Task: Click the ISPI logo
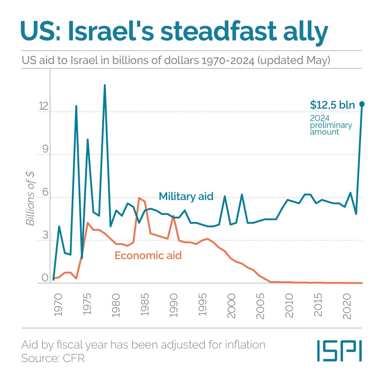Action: tap(339, 351)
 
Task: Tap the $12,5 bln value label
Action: tap(332, 105)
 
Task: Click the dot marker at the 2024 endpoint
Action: tap(362, 104)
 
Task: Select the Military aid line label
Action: tap(186, 196)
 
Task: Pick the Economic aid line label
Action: tap(148, 255)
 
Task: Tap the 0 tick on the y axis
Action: tap(45, 278)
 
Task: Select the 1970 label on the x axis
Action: tap(58, 308)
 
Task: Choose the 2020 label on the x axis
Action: tap(347, 308)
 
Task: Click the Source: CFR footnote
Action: tap(53, 358)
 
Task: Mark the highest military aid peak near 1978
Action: tap(104, 85)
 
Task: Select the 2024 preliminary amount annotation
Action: tap(331, 125)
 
